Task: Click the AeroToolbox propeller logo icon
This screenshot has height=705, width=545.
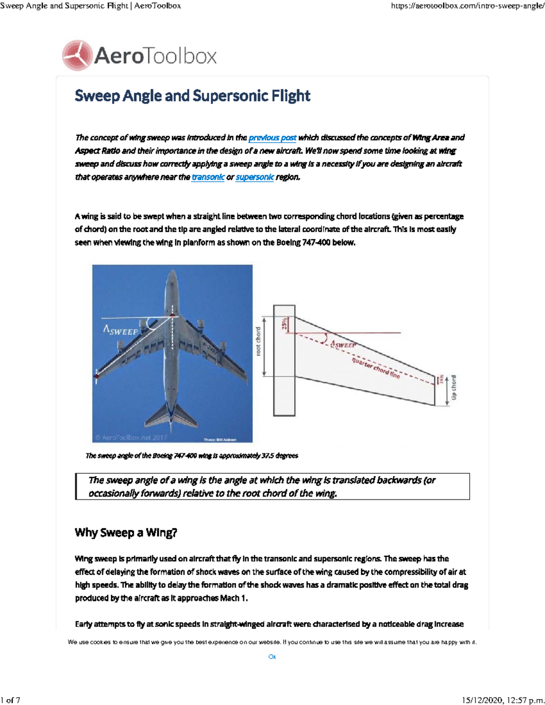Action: point(77,55)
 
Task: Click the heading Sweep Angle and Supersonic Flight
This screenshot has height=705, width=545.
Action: point(192,96)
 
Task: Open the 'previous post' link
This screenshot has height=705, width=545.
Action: point(272,138)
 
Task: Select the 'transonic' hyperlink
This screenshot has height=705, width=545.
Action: point(208,177)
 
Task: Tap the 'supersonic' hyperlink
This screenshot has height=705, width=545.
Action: point(255,177)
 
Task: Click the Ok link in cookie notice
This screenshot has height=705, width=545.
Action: point(272,656)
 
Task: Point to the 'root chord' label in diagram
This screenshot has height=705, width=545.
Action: point(258,341)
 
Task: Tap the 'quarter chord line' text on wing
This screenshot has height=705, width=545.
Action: point(376,368)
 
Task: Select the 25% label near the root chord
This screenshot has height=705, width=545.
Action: point(285,324)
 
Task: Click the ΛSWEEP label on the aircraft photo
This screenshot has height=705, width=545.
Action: point(120,330)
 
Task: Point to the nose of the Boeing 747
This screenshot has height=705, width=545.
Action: point(172,275)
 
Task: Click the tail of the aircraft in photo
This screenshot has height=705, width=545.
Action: point(172,415)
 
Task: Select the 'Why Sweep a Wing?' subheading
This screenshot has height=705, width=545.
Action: point(126,532)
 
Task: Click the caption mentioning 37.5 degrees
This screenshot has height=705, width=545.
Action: point(192,455)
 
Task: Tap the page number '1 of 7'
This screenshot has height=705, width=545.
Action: point(10,700)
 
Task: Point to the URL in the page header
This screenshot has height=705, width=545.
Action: point(467,6)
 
